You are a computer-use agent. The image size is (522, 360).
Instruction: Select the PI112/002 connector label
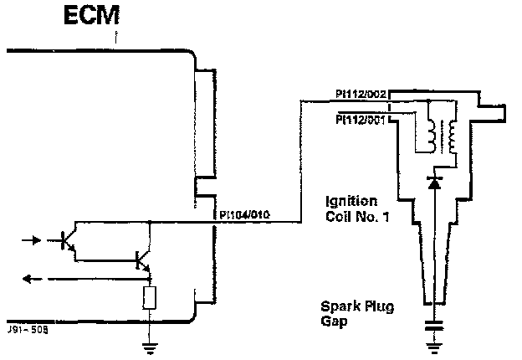point(360,94)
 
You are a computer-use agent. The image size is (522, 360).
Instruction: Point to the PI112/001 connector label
point(360,119)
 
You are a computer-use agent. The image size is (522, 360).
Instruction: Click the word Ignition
point(351,202)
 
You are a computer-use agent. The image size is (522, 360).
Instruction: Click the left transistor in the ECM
point(69,240)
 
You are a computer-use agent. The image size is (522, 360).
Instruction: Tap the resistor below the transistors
point(149,298)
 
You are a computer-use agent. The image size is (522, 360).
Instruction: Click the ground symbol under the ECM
point(149,344)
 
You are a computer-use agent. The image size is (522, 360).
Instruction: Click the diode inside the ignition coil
point(432,179)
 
